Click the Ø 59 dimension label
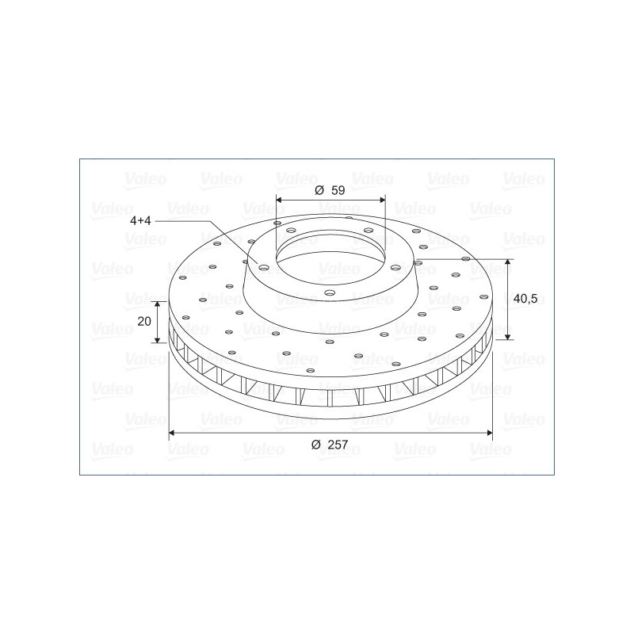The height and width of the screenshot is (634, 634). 330,190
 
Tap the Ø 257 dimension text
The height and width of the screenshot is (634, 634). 330,445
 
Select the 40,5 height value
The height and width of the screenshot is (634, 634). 525,299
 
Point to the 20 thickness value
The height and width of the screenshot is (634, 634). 144,322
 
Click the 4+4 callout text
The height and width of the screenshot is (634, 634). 140,221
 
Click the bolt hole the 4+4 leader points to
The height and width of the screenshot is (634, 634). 264,267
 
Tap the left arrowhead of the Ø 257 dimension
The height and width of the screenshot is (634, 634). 171,433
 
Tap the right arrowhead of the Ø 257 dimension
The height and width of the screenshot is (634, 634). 490,433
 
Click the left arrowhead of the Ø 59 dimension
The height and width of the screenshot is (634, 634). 279,200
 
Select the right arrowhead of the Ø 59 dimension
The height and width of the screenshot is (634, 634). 383,200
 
